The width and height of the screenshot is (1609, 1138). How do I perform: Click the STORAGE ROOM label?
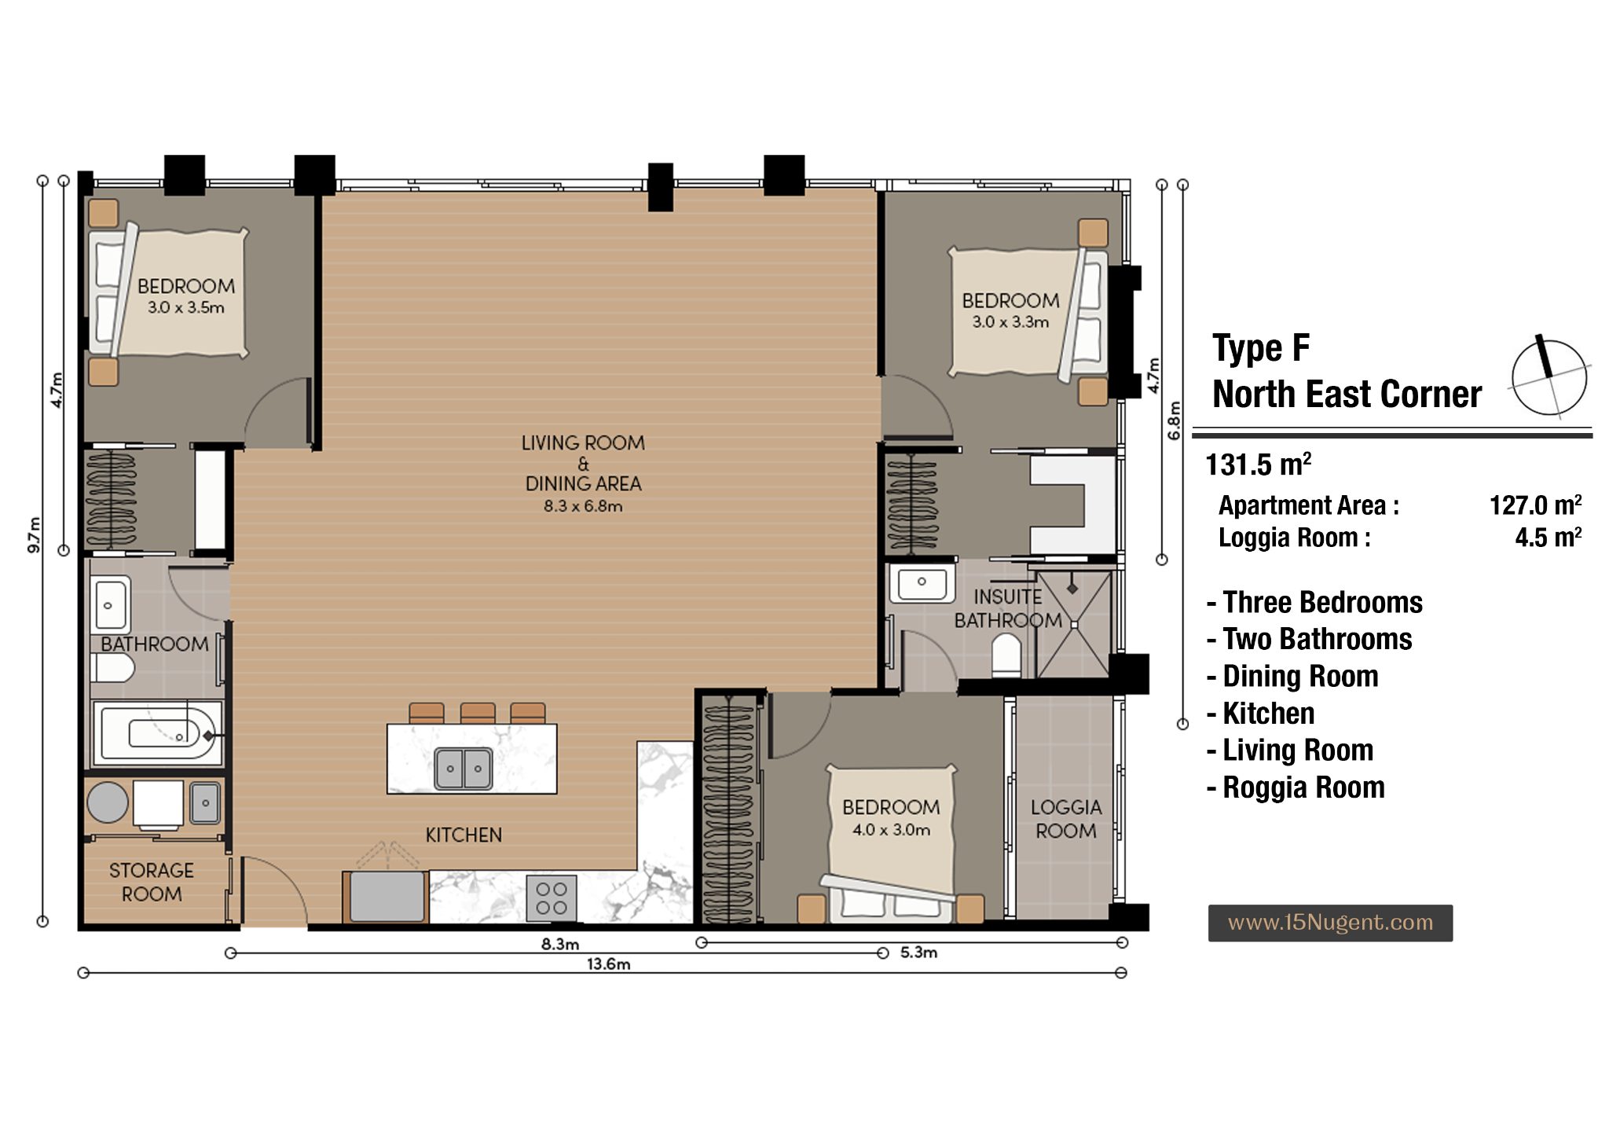pyautogui.click(x=152, y=882)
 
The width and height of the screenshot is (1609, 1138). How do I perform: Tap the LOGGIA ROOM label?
pyautogui.click(x=1066, y=819)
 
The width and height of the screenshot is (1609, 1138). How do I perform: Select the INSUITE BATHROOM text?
pyautogui.click(x=1008, y=608)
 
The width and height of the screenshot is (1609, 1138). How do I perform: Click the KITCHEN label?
pyautogui.click(x=464, y=835)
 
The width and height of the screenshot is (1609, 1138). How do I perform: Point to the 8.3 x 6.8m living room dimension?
pyautogui.click(x=583, y=506)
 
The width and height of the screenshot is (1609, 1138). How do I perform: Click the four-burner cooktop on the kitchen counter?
pyautogui.click(x=552, y=898)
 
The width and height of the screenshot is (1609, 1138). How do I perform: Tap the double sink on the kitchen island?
pyautogui.click(x=464, y=768)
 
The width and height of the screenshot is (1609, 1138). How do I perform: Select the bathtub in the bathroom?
pyautogui.click(x=158, y=733)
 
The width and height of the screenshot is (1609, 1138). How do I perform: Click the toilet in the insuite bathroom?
pyautogui.click(x=1006, y=655)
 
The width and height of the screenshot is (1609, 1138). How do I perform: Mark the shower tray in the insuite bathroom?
pyautogui.click(x=1073, y=624)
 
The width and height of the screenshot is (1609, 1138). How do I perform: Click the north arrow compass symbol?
pyautogui.click(x=1549, y=376)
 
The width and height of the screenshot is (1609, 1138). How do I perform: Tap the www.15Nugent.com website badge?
pyautogui.click(x=1330, y=923)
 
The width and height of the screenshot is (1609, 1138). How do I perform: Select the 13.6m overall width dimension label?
pyautogui.click(x=608, y=964)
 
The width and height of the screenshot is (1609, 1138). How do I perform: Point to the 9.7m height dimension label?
pyautogui.click(x=34, y=534)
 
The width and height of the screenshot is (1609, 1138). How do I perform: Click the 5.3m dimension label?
pyautogui.click(x=918, y=953)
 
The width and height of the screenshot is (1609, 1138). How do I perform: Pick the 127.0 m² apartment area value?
pyautogui.click(x=1535, y=505)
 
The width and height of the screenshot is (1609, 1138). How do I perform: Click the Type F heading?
pyautogui.click(x=1261, y=348)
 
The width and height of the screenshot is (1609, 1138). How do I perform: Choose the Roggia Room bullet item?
pyautogui.click(x=1296, y=787)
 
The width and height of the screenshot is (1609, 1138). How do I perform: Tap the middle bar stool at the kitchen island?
pyautogui.click(x=478, y=713)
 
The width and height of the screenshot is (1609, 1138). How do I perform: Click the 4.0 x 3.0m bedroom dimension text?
pyautogui.click(x=891, y=830)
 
